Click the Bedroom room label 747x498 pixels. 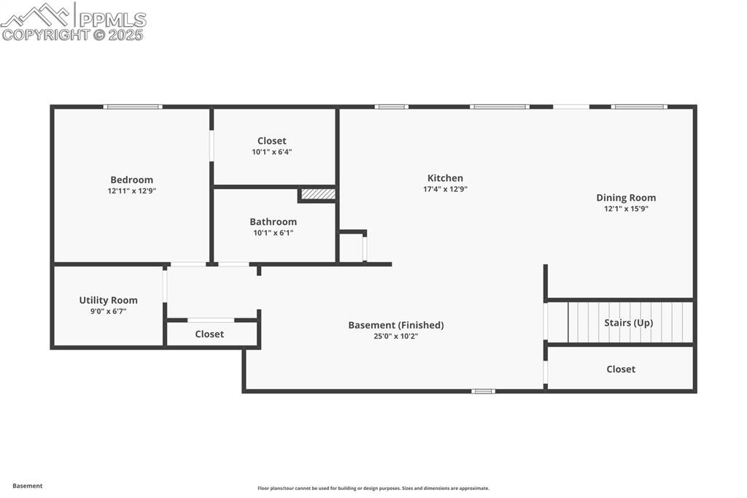click(x=131, y=180)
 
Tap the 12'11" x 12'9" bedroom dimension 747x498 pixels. click(x=131, y=191)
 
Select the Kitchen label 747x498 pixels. click(x=445, y=177)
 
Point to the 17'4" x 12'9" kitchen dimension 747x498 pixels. click(x=445, y=188)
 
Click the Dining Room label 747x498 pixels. click(x=626, y=197)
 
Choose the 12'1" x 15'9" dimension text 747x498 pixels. click(x=626, y=208)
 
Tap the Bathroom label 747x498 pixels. click(x=273, y=221)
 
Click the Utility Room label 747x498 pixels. click(x=108, y=300)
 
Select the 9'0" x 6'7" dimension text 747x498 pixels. click(x=108, y=311)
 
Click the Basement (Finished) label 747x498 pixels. click(x=395, y=325)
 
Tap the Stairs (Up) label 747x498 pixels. click(x=628, y=322)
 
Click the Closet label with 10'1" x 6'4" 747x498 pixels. click(x=271, y=141)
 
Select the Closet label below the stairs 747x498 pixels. click(x=621, y=369)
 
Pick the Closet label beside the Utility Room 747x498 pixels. click(x=209, y=334)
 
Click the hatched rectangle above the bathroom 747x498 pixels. click(x=318, y=194)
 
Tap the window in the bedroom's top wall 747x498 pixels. click(x=132, y=107)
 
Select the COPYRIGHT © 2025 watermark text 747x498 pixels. click(x=73, y=34)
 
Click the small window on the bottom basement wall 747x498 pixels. click(x=483, y=391)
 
